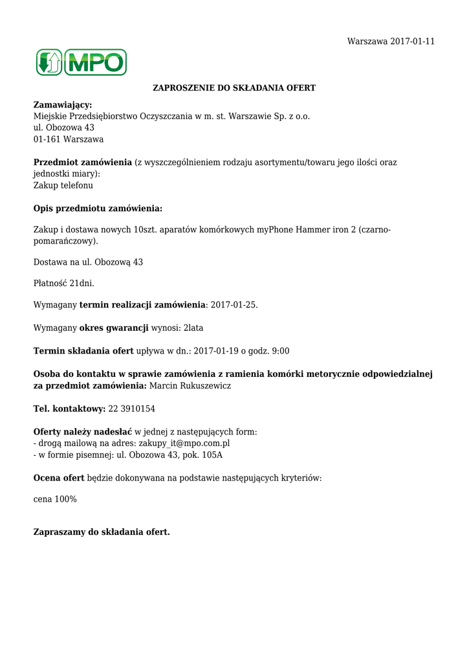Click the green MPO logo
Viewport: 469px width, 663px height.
click(81, 62)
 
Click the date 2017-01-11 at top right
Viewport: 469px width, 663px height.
click(412, 41)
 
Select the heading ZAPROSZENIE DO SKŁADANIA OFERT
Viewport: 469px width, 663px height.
click(234, 87)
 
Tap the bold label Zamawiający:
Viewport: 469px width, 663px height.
click(63, 105)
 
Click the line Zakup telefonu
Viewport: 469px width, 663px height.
click(63, 185)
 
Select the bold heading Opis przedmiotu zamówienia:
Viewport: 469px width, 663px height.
click(98, 208)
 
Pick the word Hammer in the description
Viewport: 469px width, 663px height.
click(313, 230)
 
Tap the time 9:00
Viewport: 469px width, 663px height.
click(281, 351)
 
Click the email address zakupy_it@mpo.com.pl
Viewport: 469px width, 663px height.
click(184, 444)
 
